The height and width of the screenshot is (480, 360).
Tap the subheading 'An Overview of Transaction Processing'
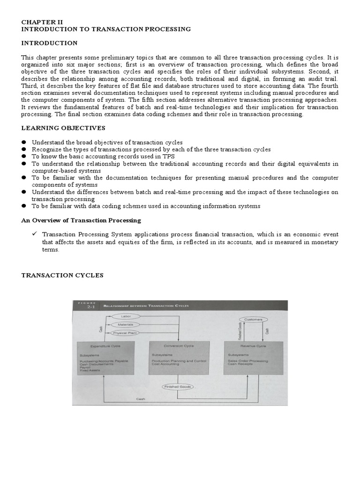click(x=81, y=220)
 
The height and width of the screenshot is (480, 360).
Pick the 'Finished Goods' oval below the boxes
click(x=178, y=387)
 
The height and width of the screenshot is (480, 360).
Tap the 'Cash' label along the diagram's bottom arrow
click(x=141, y=399)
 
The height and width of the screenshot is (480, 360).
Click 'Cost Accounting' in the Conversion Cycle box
click(x=164, y=364)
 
